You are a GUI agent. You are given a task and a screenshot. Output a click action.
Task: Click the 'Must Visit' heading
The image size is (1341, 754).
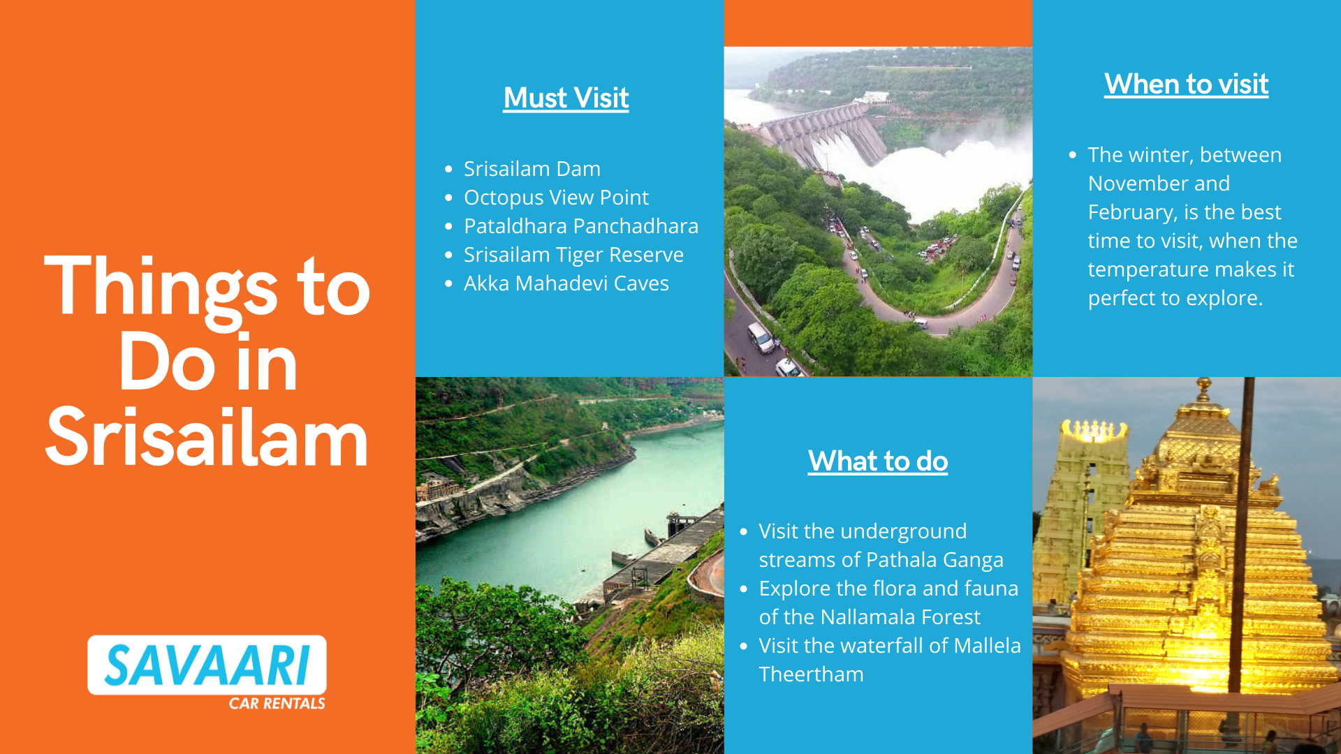coord(566,98)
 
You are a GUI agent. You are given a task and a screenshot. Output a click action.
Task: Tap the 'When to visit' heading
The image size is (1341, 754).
coord(1186,84)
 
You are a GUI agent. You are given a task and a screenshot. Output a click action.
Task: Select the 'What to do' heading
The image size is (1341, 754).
coord(878,461)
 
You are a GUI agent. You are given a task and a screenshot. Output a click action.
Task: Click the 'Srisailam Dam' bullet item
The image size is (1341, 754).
coord(532,168)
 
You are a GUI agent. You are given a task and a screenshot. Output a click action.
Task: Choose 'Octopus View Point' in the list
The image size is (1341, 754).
coord(556,198)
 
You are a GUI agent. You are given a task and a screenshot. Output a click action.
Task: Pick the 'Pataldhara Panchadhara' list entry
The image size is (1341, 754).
coord(581,226)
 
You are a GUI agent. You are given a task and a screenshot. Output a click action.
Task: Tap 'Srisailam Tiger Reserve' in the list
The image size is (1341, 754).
coord(573,255)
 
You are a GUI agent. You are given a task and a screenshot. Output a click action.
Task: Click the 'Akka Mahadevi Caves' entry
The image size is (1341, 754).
coord(566,283)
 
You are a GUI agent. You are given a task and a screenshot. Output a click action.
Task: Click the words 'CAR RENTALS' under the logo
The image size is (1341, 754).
coord(277,703)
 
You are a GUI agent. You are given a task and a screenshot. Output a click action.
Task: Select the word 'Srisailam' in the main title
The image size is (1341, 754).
coord(207,438)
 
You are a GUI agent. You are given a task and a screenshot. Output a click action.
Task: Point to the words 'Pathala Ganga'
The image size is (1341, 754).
coord(935,560)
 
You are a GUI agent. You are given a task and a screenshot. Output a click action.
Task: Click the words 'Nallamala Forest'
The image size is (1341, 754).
coord(900,617)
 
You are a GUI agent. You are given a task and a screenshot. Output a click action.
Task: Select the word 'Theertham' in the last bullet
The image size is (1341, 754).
coord(811,674)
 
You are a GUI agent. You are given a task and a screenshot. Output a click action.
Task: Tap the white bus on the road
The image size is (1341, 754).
coord(761,337)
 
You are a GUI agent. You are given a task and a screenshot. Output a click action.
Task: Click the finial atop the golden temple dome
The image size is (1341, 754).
coord(1203,388)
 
